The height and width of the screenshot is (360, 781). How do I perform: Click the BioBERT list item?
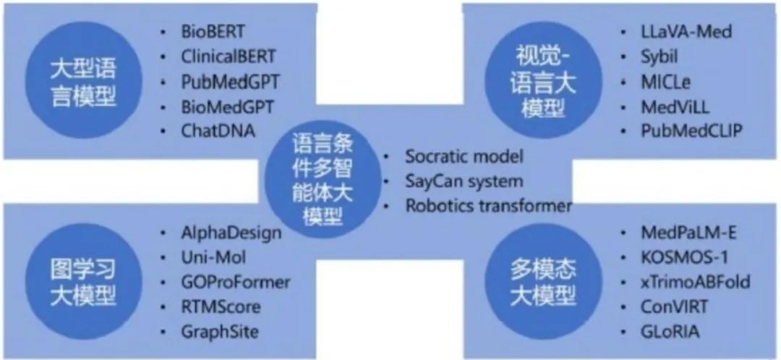(x=213, y=32)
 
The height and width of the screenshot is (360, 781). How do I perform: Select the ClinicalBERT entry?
(x=228, y=57)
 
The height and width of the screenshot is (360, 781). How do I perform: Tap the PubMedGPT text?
(x=230, y=82)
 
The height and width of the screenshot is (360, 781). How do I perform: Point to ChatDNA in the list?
(x=215, y=132)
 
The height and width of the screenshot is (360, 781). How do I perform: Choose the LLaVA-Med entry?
(x=675, y=32)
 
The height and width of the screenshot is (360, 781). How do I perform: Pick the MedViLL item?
(x=665, y=107)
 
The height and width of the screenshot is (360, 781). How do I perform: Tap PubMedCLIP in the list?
(x=680, y=132)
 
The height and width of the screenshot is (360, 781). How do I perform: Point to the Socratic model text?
(x=464, y=156)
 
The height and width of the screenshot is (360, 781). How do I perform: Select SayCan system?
(x=464, y=181)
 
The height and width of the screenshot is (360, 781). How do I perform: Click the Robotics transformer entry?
(x=488, y=205)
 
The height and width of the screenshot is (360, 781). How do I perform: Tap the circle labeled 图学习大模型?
(x=85, y=280)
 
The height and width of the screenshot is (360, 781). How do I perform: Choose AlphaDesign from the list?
(x=231, y=233)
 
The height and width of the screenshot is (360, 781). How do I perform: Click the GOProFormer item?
(x=235, y=282)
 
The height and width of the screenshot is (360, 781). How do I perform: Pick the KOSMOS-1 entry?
(x=667, y=257)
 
